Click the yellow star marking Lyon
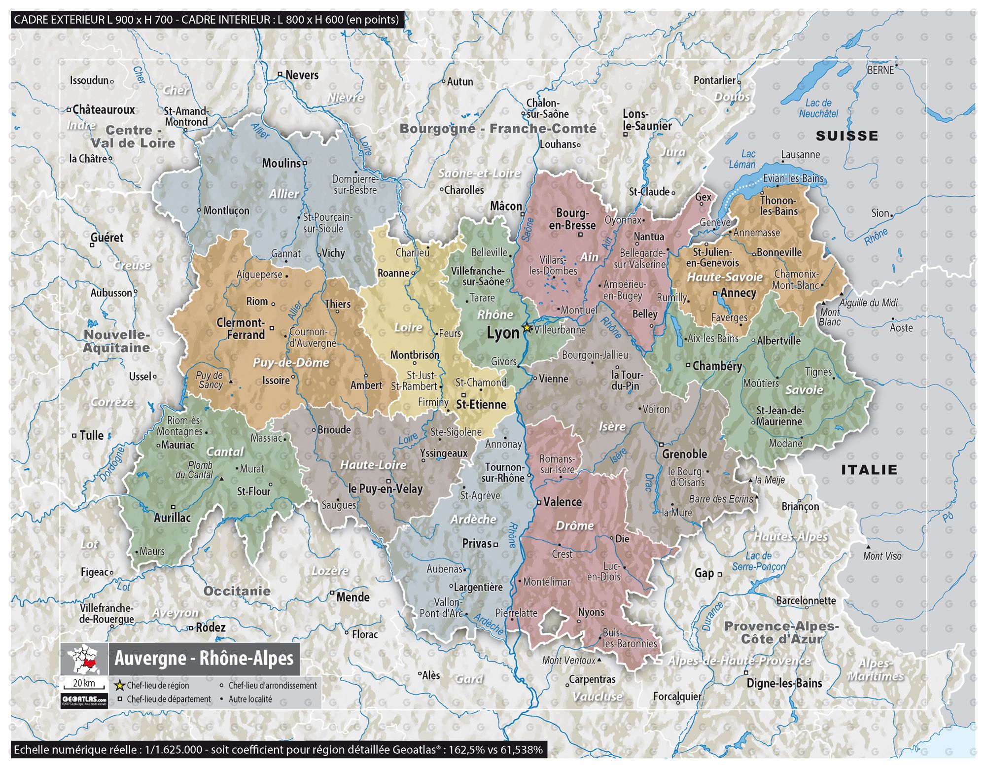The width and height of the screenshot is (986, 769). (527, 327)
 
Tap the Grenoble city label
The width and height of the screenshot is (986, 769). (684, 454)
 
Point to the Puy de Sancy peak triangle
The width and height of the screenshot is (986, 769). (230, 382)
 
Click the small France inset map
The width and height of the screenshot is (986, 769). (84, 659)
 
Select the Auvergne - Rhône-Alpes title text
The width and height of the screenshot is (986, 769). (204, 659)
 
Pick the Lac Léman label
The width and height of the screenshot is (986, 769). (743, 160)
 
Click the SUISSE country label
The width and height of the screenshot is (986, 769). (846, 136)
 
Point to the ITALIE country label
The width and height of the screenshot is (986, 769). (869, 470)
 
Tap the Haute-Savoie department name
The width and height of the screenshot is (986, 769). (725, 277)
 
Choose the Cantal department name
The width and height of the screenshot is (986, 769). (225, 452)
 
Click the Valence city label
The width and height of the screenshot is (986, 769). (562, 502)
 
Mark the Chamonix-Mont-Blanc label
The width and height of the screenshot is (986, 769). (796, 280)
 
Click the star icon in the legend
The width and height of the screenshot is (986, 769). (119, 685)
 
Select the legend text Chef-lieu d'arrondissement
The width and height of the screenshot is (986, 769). (273, 685)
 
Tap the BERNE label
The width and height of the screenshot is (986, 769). (880, 70)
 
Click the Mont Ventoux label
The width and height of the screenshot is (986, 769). (568, 661)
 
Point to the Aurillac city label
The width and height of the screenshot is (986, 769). (172, 518)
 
